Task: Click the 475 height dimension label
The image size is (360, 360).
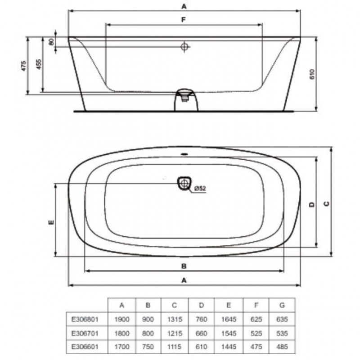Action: click(24, 66)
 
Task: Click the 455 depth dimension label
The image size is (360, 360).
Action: click(39, 64)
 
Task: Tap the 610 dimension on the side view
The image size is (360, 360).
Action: click(312, 74)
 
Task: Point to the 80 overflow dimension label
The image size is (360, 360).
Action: click(52, 42)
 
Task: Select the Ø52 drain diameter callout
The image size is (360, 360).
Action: click(200, 189)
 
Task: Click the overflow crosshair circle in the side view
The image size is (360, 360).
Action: click(184, 47)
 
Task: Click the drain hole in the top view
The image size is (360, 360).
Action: click(184, 183)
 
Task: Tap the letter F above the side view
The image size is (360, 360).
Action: click(183, 20)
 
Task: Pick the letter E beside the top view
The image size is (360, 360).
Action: click(51, 222)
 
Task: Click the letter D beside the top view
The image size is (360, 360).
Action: click(311, 204)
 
